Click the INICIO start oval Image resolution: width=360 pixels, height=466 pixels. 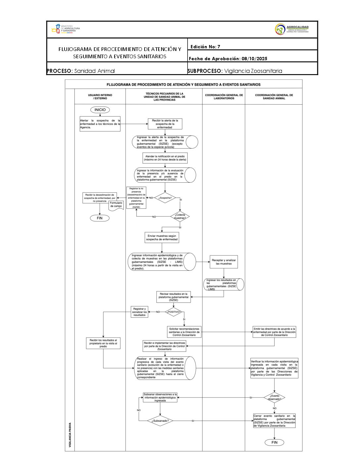click(100, 110)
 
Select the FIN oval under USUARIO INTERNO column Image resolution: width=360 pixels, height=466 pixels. click(100, 218)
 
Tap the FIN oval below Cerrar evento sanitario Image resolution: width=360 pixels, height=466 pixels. click(274, 443)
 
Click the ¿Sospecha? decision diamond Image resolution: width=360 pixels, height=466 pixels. click(165, 198)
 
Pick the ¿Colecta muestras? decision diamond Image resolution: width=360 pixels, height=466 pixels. click(180, 216)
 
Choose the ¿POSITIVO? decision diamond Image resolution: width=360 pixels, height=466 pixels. click(174, 312)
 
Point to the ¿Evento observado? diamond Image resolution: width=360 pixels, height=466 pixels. click(274, 397)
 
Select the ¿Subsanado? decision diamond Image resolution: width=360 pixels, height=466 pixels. click(160, 421)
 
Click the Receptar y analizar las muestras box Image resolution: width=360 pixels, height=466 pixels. click(224, 262)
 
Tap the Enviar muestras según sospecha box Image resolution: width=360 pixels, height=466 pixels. click(162, 238)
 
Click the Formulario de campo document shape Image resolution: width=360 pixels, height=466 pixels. click(116, 205)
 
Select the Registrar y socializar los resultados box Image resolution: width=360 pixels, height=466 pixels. click(139, 312)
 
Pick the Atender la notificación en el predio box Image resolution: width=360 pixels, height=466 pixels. click(165, 158)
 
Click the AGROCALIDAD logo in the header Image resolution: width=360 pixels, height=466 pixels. click(292, 29)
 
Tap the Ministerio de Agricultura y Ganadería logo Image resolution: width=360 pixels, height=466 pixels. click(66, 29)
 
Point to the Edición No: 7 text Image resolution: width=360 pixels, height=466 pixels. click(205, 47)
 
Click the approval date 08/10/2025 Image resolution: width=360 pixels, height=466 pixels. click(254, 59)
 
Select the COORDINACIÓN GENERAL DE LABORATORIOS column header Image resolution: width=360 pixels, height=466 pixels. click(224, 97)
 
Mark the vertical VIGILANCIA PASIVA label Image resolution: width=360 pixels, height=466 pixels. click(70, 435)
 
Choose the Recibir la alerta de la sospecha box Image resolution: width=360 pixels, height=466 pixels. click(165, 124)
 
